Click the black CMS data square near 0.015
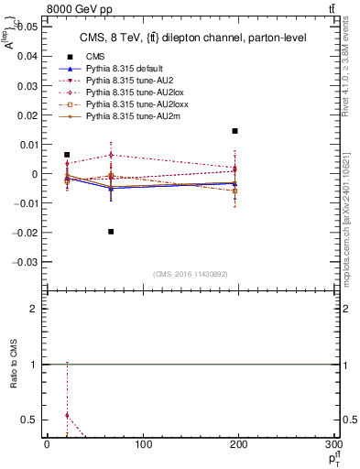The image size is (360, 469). [235, 131]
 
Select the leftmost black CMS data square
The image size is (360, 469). [67, 155]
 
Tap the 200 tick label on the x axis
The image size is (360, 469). [238, 444]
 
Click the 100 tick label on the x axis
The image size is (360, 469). [142, 444]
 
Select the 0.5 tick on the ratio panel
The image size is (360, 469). [30, 420]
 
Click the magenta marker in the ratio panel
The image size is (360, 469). [67, 415]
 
